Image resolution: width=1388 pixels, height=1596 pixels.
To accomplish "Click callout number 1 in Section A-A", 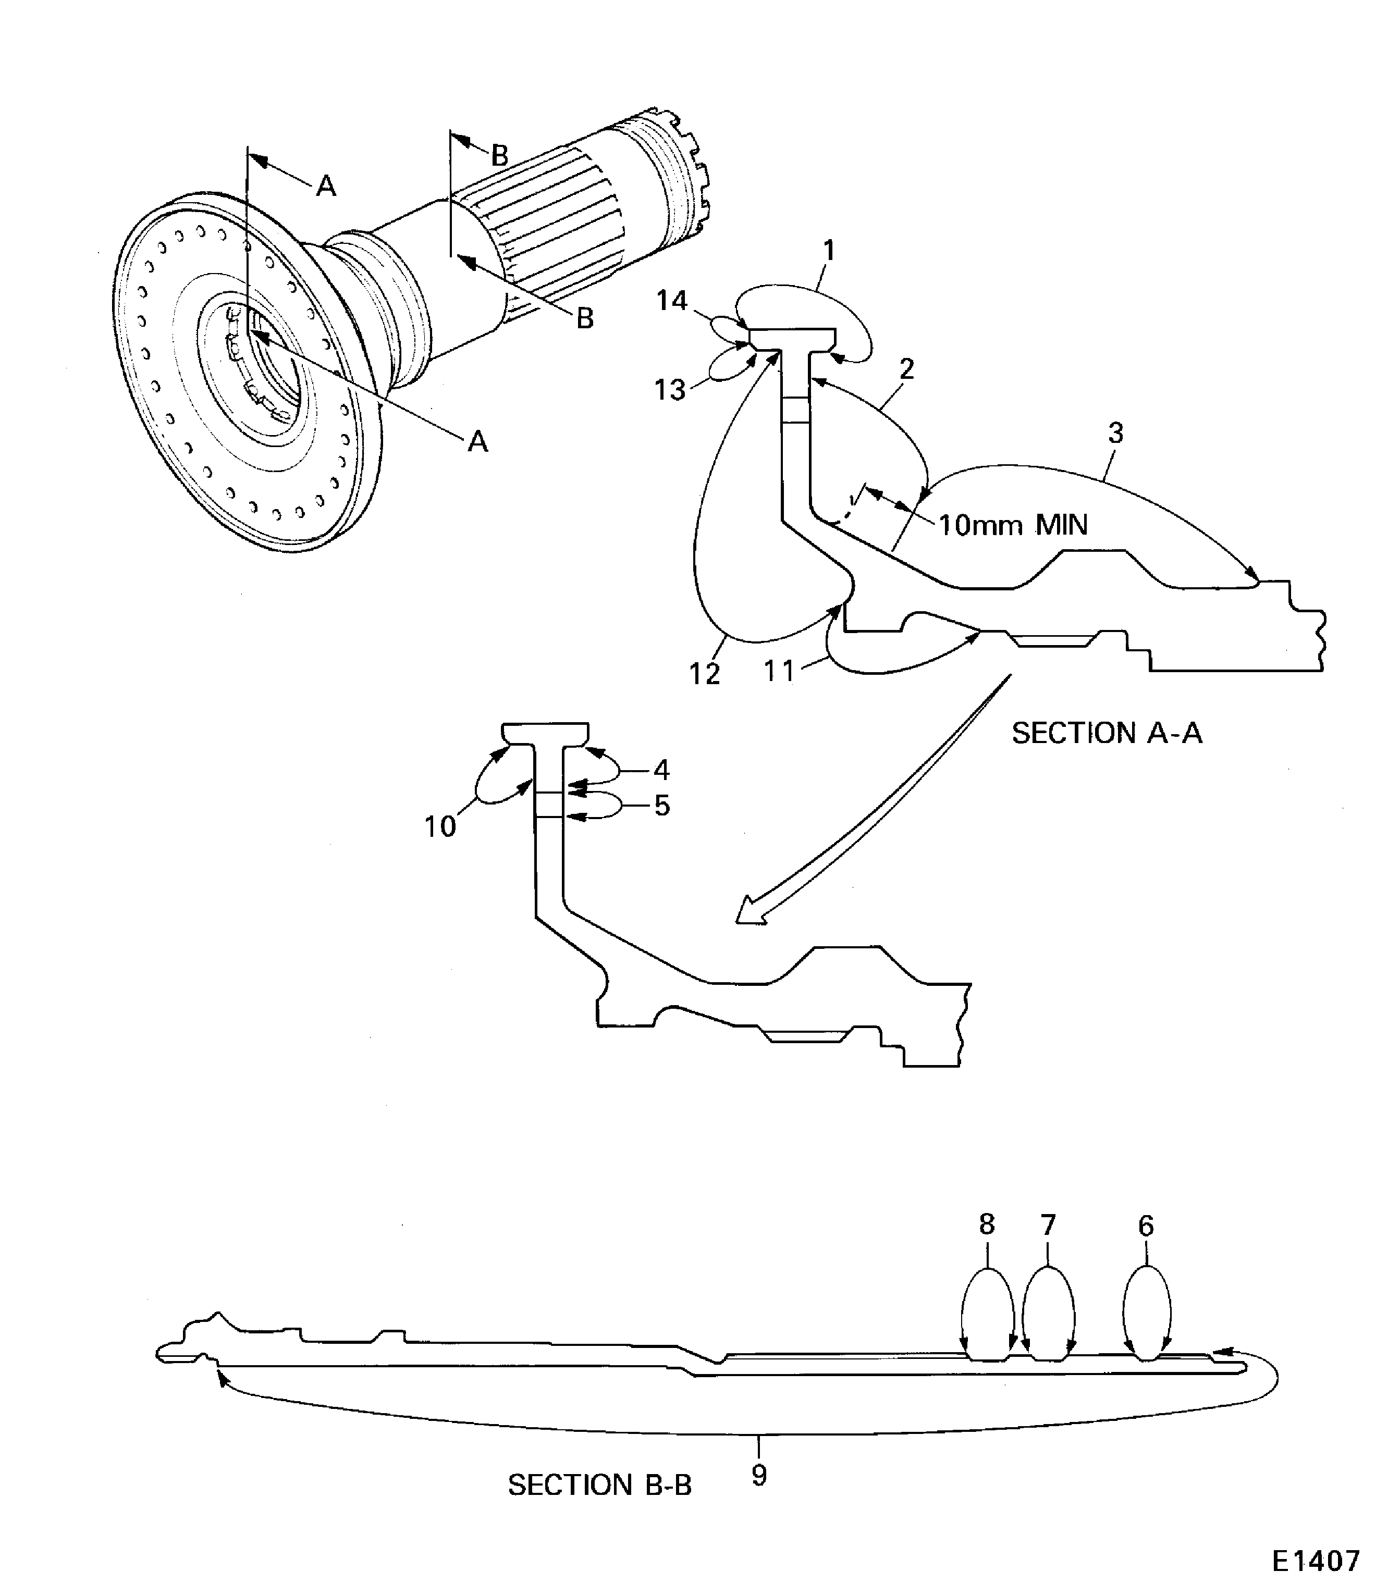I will click(x=829, y=251).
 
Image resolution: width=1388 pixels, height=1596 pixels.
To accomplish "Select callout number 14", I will click(x=671, y=301).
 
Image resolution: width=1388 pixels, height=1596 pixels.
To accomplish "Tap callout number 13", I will click(x=669, y=390).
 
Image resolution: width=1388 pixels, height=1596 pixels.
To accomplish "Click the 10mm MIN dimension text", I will click(x=1012, y=525).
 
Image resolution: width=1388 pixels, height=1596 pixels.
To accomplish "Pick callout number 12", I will click(x=704, y=674).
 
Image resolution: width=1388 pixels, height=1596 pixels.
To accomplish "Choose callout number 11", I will click(x=779, y=671).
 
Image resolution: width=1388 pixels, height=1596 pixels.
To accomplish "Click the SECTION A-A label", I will click(x=1106, y=733).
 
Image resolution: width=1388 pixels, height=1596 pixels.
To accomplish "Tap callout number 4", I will click(x=661, y=770).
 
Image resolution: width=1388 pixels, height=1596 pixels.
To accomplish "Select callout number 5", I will click(x=661, y=806).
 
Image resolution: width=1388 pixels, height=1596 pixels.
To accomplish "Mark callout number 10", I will click(x=439, y=826).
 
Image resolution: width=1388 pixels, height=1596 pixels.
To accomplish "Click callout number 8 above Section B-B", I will click(x=986, y=1224).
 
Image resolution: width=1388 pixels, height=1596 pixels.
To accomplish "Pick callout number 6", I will click(x=1146, y=1226).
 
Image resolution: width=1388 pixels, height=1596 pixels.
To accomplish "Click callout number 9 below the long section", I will click(x=759, y=1475).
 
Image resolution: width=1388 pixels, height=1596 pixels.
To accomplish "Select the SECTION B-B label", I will click(x=599, y=1484).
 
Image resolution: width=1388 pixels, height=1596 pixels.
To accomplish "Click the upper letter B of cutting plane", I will click(x=500, y=156).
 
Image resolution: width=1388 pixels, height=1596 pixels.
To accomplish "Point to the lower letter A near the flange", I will click(x=478, y=441).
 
